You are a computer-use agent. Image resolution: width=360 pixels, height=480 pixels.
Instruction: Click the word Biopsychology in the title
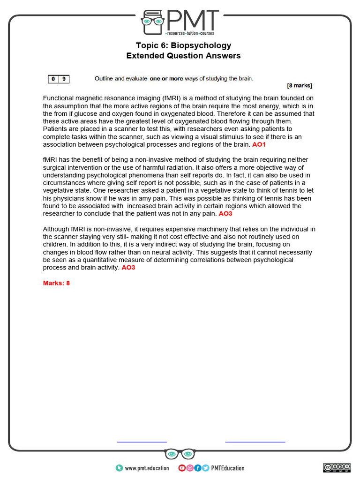pyautogui.click(x=201, y=45)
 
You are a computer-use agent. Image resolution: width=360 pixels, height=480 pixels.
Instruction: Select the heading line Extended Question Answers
pyautogui.click(x=183, y=56)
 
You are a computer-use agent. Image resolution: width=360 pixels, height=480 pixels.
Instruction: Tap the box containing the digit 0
pyautogui.click(x=53, y=79)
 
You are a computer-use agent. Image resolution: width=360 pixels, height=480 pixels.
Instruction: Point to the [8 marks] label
pyautogui.click(x=299, y=86)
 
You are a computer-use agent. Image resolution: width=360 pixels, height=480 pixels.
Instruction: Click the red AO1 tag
pyautogui.click(x=259, y=144)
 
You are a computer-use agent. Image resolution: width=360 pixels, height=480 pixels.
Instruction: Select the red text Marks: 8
pyautogui.click(x=56, y=283)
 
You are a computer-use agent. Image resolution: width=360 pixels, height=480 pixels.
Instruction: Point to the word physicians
pyautogui.click(x=70, y=198)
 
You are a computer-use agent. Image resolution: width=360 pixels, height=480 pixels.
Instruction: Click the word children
pyautogui.click(x=55, y=245)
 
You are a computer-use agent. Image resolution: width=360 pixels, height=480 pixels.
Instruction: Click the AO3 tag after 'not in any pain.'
pyautogui.click(x=225, y=213)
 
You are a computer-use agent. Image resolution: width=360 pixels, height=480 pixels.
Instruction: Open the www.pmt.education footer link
pyautogui.click(x=147, y=468)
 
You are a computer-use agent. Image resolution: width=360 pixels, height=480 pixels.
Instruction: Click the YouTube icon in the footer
pyautogui.click(x=182, y=468)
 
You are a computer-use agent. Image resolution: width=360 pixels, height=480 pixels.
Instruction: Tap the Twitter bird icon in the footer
pyautogui.click(x=206, y=468)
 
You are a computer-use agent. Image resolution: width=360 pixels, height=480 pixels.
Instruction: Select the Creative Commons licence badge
pyautogui.click(x=337, y=467)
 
